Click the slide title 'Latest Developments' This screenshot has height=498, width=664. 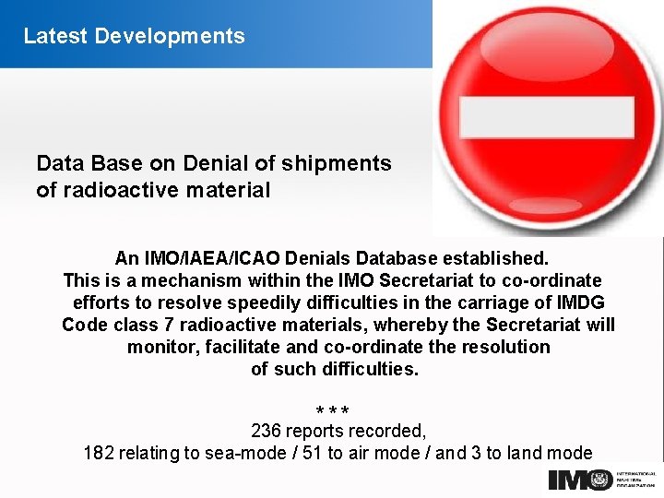tap(134, 36)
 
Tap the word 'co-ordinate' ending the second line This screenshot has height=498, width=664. tap(554, 279)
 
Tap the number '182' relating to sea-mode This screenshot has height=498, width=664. tap(99, 453)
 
